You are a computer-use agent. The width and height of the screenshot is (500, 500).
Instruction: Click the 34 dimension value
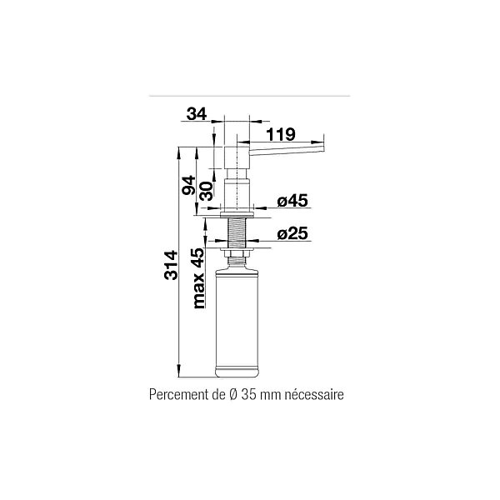tap(197, 114)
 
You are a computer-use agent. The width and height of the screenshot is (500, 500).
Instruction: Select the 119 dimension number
tap(281, 134)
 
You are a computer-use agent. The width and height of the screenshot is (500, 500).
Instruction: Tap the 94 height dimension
tap(188, 185)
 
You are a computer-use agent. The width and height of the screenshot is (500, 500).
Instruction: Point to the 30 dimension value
tap(206, 191)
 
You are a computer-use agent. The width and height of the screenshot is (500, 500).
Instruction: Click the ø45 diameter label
tap(292, 201)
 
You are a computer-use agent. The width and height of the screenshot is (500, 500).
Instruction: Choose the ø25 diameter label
tap(292, 233)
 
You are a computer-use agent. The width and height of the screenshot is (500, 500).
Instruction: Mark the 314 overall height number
tap(171, 265)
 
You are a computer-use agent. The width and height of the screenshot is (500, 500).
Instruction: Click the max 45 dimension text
tap(198, 278)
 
